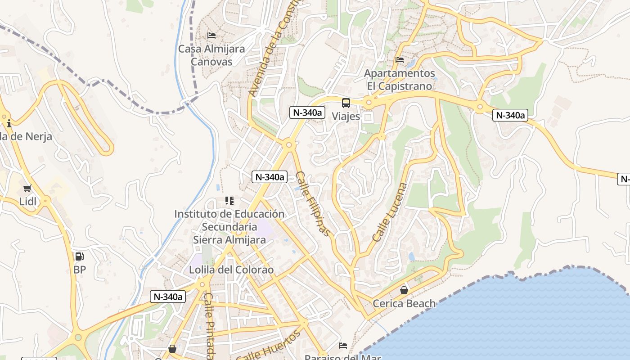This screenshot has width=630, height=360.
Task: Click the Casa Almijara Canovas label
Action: point(211,55)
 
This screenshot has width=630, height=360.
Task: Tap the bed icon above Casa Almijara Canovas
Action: point(211,35)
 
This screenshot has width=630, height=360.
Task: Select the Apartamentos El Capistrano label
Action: point(400,79)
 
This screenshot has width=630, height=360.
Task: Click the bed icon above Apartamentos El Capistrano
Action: point(399,59)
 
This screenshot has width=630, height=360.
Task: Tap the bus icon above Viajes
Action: point(346,103)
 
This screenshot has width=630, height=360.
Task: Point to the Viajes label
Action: point(346,116)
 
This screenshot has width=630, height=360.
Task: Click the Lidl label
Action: point(27,201)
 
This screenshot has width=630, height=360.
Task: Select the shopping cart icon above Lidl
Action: point(27,188)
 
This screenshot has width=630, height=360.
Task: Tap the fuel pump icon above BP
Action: point(80,256)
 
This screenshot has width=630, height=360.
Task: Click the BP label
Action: point(80,270)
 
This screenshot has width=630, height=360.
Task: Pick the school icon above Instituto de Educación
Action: point(229,201)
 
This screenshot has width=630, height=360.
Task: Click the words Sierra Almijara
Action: point(229,240)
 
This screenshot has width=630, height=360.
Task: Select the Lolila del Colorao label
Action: point(231,270)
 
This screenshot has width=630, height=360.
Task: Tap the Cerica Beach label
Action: point(404,303)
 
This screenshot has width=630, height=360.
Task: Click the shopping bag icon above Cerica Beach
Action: point(404,290)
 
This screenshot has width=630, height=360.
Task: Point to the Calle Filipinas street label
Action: point(313,203)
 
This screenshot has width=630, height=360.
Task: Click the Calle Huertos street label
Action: point(269,346)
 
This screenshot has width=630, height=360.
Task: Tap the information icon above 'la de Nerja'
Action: point(9,123)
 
